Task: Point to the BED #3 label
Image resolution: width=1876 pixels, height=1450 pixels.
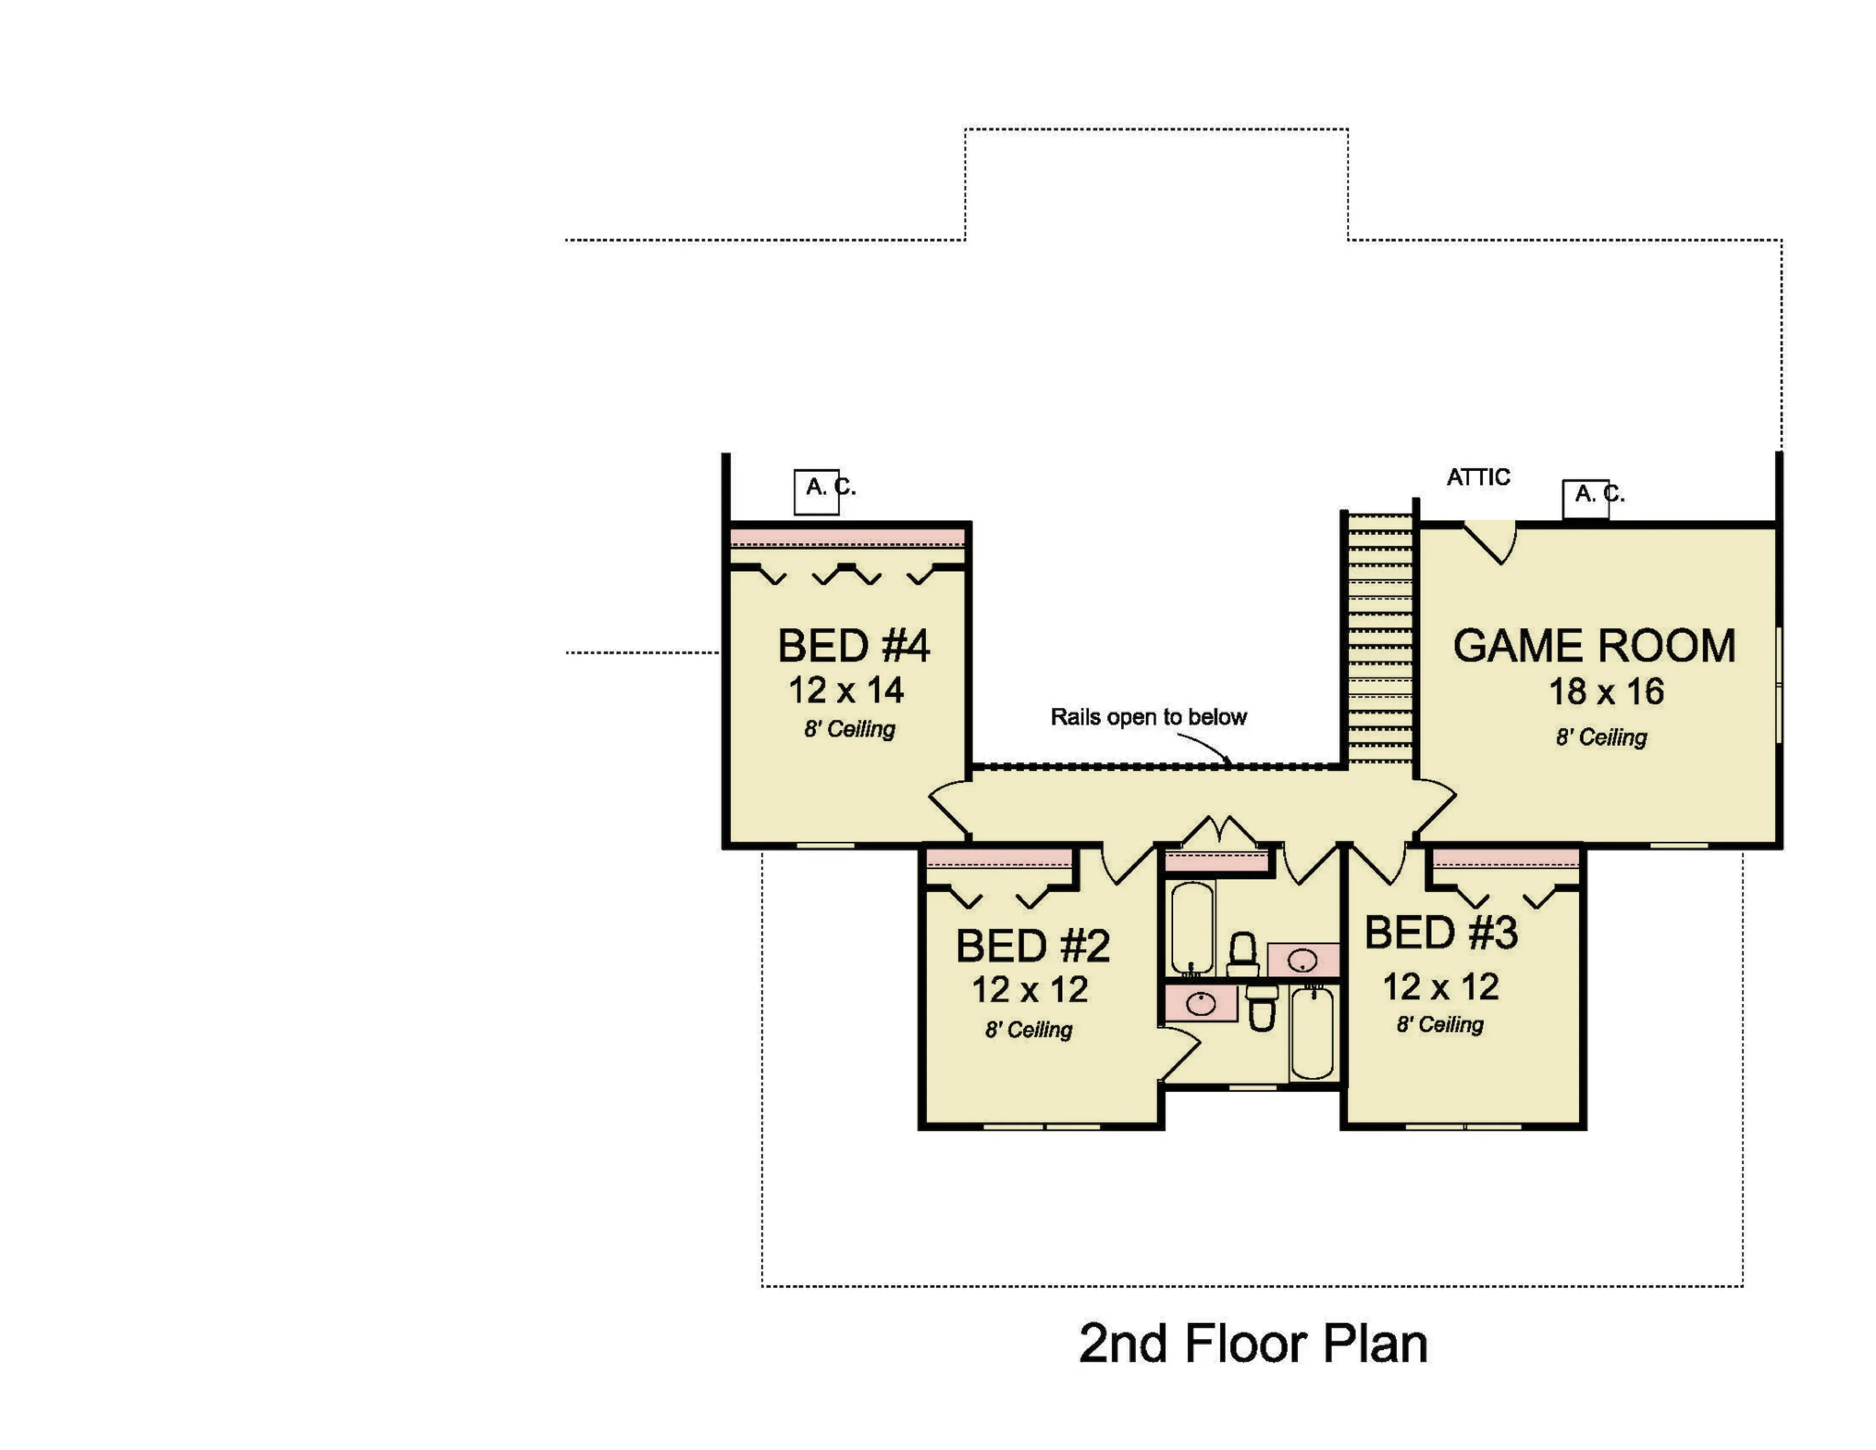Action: (x=1441, y=933)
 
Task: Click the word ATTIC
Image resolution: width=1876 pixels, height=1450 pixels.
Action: (x=1478, y=477)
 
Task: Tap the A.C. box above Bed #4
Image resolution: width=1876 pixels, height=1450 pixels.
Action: (x=816, y=492)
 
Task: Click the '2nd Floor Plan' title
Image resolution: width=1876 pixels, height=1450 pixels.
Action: (x=1253, y=1344)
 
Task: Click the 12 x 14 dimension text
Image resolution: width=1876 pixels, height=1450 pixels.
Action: (x=846, y=690)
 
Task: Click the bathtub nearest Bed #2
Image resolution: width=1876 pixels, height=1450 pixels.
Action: (x=1192, y=928)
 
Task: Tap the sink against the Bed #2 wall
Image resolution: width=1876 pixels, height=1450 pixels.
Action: (x=1201, y=1003)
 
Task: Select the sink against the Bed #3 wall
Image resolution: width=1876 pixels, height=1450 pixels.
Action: (x=1303, y=959)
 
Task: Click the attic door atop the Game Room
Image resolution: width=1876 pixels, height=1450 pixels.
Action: (x=1491, y=541)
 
